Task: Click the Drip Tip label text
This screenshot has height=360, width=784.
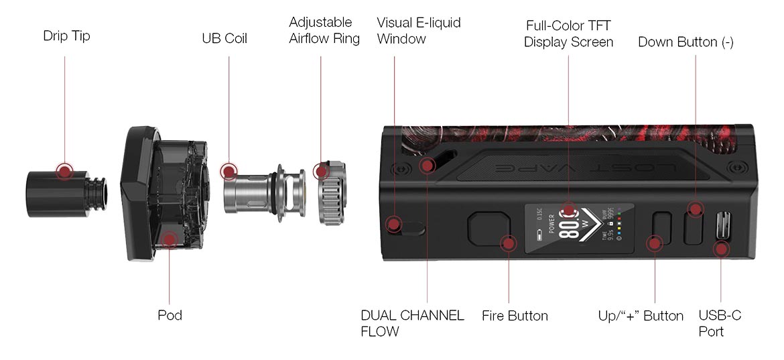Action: point(66,36)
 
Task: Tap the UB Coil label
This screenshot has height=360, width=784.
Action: point(224,39)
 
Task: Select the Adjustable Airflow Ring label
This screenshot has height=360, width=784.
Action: point(324,31)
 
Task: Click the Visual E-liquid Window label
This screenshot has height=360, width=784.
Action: point(418,31)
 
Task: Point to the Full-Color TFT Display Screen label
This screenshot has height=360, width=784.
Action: point(568,34)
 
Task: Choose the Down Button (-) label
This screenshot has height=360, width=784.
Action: point(685,42)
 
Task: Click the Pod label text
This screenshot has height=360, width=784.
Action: point(170,315)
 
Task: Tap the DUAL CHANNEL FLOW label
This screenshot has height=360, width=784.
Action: point(412,323)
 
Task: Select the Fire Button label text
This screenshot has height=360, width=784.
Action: point(515,316)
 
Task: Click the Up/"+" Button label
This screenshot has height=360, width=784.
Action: point(641,316)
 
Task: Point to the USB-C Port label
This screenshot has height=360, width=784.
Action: point(720,323)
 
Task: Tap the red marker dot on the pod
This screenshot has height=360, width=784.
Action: point(170,239)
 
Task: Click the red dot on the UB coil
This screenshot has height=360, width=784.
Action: point(229,172)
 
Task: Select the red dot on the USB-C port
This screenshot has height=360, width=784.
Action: point(721,249)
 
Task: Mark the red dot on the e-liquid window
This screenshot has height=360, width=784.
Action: point(395,223)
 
